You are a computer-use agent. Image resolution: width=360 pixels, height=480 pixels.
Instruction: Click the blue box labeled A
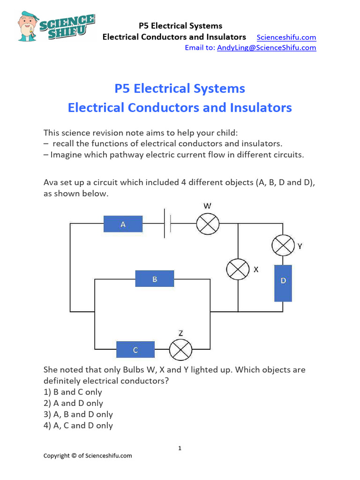click(x=123, y=224)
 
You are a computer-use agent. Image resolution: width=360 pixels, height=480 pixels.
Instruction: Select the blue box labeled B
click(x=155, y=279)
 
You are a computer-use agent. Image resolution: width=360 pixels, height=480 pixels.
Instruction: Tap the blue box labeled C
click(x=135, y=350)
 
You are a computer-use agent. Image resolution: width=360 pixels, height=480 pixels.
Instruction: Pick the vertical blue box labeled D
click(x=283, y=283)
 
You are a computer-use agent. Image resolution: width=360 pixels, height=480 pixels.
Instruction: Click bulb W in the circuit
click(x=208, y=224)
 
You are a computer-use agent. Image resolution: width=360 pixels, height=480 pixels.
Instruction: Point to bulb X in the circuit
click(x=238, y=270)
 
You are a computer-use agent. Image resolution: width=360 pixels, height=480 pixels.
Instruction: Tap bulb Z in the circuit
click(x=180, y=350)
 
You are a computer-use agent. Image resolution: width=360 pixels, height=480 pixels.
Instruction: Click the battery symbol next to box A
click(x=167, y=224)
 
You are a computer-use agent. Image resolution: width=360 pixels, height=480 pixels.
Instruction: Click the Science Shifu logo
click(x=56, y=26)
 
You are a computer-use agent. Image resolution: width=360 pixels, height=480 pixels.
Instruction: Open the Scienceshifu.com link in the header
click(x=286, y=37)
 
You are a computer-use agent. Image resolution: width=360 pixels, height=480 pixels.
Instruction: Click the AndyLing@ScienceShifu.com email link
click(x=266, y=47)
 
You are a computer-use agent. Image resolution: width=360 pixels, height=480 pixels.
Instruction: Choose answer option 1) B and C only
click(x=73, y=392)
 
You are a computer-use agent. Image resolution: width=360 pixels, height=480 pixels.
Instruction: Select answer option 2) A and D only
click(x=73, y=403)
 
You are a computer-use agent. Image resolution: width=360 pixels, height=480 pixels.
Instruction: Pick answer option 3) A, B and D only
click(x=78, y=414)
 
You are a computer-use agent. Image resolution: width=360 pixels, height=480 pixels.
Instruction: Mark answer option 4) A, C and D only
click(x=78, y=426)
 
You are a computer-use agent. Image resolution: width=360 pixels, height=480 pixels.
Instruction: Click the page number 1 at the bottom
click(x=180, y=449)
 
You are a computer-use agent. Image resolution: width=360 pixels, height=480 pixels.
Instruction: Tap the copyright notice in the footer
click(x=88, y=456)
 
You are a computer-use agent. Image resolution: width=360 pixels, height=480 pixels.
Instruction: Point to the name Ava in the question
click(x=50, y=183)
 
